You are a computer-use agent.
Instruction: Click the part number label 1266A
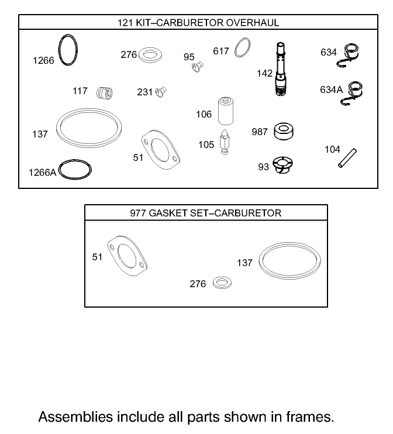pyautogui.click(x=43, y=172)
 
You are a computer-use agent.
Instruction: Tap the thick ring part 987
pyautogui.click(x=283, y=130)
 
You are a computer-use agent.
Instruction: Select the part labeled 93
pyautogui.click(x=283, y=166)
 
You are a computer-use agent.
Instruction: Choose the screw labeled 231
pyautogui.click(x=161, y=91)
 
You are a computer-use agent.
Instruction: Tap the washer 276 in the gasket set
pyautogui.click(x=221, y=284)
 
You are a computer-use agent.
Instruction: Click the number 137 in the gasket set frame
pyautogui.click(x=244, y=263)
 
